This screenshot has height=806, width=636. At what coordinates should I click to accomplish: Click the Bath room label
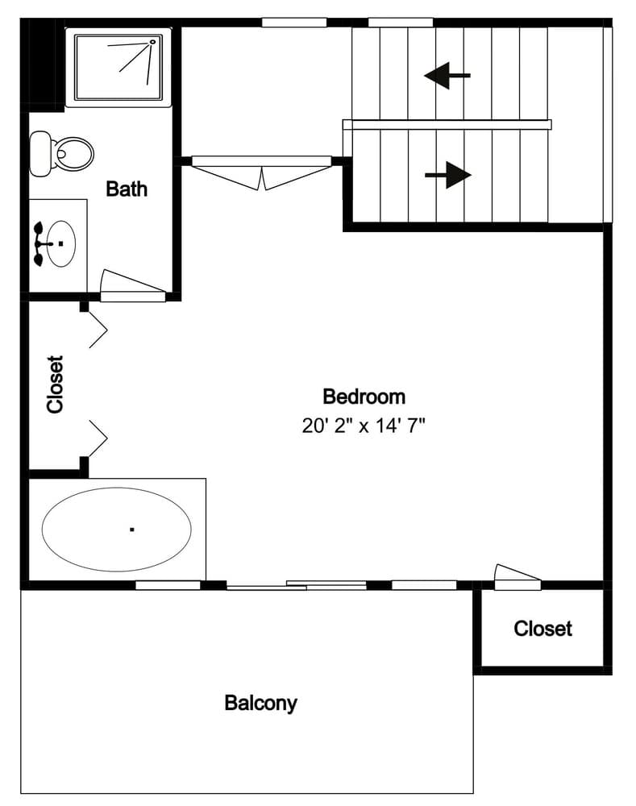(x=127, y=189)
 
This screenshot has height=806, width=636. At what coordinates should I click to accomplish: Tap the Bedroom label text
(x=364, y=397)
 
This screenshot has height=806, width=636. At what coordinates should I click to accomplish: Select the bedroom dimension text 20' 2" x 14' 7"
(x=364, y=426)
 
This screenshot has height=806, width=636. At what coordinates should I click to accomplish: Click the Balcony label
(x=260, y=703)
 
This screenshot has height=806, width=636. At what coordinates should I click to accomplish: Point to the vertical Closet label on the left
(x=56, y=384)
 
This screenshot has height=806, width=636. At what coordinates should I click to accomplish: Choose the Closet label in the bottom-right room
(x=542, y=629)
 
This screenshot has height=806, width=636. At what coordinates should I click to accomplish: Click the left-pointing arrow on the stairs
(x=447, y=77)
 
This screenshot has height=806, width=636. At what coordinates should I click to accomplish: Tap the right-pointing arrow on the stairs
(x=447, y=175)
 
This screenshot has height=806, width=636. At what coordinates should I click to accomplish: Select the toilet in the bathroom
(x=61, y=153)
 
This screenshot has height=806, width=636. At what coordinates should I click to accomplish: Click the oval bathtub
(x=117, y=530)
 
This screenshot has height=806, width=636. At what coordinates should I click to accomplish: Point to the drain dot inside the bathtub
(x=131, y=530)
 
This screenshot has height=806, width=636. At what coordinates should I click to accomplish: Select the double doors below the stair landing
(x=262, y=172)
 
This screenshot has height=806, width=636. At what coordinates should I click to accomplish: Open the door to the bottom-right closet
(x=517, y=576)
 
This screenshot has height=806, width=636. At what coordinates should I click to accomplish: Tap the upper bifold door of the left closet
(x=98, y=330)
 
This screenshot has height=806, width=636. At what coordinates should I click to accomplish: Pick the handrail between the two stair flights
(x=447, y=125)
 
